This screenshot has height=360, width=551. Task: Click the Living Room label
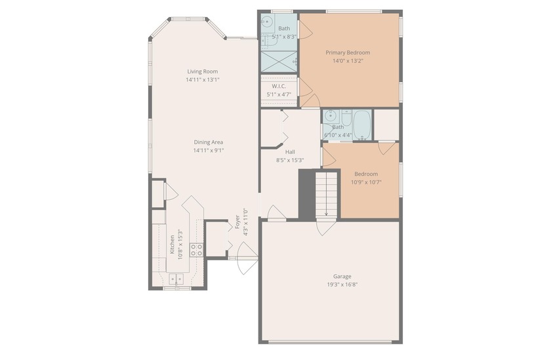click(202, 71)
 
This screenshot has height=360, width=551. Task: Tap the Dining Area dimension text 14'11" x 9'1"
click(209, 150)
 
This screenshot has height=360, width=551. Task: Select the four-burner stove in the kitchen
click(196, 249)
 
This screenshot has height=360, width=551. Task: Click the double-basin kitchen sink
click(176, 279)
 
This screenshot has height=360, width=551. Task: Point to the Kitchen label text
click(173, 244)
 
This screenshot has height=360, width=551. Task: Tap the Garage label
click(342, 277)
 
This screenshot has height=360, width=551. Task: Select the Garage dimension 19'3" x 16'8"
click(342, 285)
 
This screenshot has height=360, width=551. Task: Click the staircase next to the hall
click(327, 193)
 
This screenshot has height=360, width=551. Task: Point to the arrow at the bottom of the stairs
click(327, 212)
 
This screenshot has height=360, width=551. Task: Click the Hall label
click(290, 151)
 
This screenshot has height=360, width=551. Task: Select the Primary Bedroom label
click(348, 52)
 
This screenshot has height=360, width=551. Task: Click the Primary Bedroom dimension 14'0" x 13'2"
click(348, 60)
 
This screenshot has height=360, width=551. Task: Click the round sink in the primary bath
click(267, 22)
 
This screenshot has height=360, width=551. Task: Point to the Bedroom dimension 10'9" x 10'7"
click(366, 182)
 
